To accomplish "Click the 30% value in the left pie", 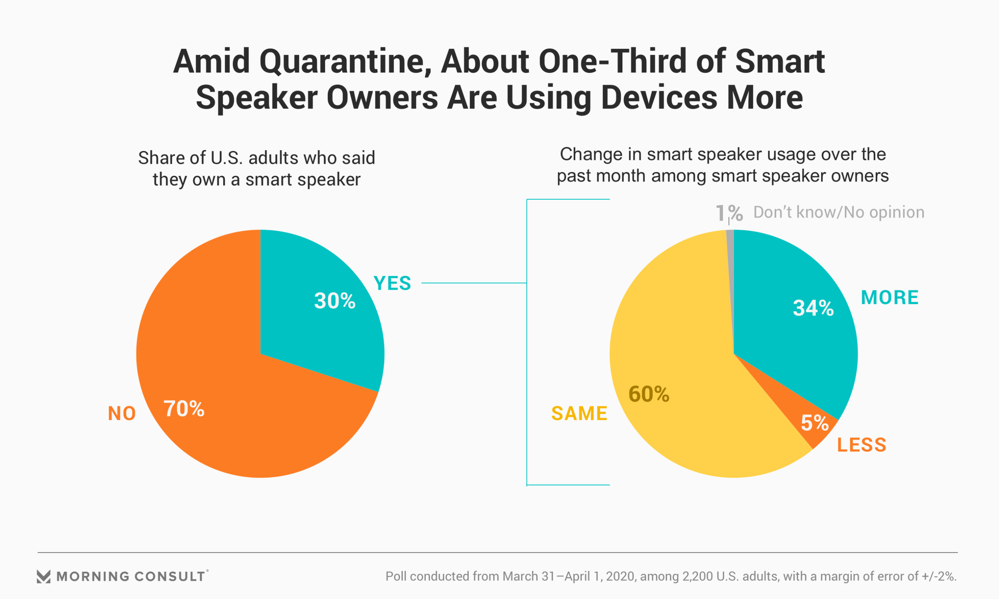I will coord(335,301).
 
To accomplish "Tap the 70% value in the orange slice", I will coord(184,409).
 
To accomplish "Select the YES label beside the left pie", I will coord(392,283).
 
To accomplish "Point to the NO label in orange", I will coord(122,414).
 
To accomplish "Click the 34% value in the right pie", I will coord(813,308).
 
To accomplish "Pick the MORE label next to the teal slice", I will coord(890,297).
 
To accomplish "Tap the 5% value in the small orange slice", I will coord(814,423).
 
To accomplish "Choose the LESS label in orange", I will coord(862,445).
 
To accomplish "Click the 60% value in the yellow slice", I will coord(649,395).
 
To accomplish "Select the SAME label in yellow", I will coord(579,414).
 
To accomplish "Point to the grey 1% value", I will coord(728,213).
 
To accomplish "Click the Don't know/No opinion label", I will coord(839,212).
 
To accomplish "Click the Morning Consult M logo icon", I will coord(44,576).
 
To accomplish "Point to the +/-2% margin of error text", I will coord(939,576).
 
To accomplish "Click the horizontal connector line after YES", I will coord(473,283).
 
